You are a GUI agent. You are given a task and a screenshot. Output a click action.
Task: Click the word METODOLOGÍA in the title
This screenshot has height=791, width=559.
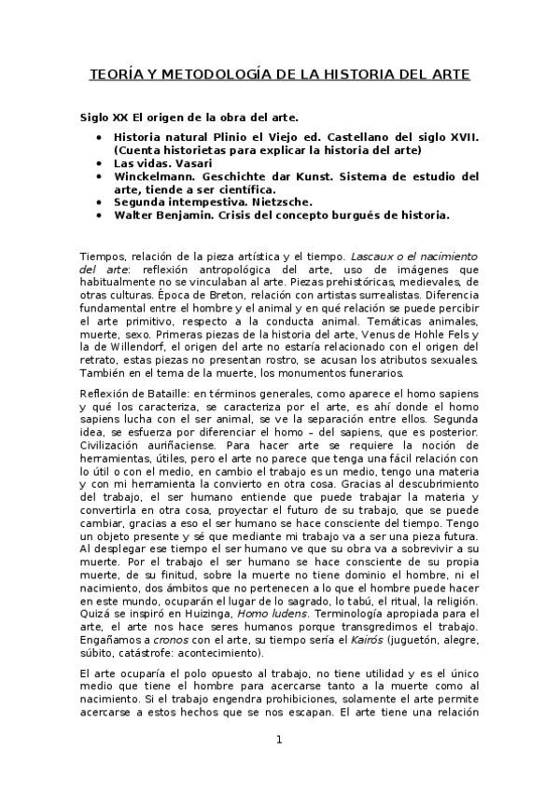point(210,74)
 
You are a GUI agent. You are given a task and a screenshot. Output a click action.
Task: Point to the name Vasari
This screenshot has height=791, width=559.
point(193,162)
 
